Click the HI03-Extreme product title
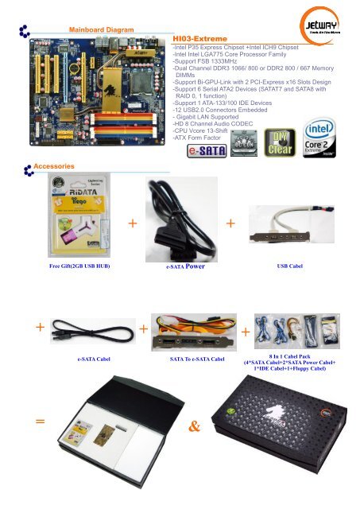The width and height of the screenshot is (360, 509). [x=200, y=38]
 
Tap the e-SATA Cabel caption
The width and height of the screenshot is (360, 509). [x=93, y=359]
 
